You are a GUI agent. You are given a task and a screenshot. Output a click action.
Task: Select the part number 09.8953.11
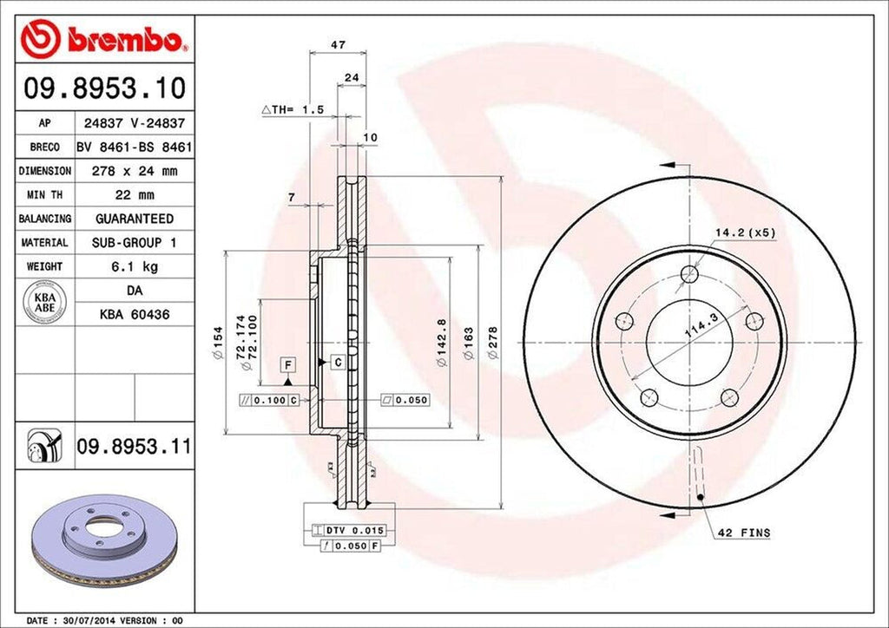pyautogui.click(x=133, y=448)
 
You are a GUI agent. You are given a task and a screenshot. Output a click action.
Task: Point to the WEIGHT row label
pyautogui.click(x=44, y=265)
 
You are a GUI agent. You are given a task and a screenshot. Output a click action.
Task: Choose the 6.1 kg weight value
pyautogui.click(x=134, y=265)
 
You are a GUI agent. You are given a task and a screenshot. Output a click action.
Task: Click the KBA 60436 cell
pyautogui.click(x=134, y=314)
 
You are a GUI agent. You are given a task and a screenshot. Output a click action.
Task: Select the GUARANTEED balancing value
pyautogui.click(x=134, y=219)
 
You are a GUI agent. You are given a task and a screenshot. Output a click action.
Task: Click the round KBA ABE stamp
pyautogui.click(x=43, y=303)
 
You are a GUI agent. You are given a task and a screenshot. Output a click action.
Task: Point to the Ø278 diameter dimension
pyautogui.click(x=493, y=343)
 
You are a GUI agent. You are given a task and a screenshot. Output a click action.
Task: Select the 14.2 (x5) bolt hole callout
pyautogui.click(x=743, y=232)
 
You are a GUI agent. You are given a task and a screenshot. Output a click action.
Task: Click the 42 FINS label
pyautogui.click(x=745, y=532)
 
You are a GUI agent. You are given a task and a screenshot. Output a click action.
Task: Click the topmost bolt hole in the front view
pyautogui.click(x=690, y=275)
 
